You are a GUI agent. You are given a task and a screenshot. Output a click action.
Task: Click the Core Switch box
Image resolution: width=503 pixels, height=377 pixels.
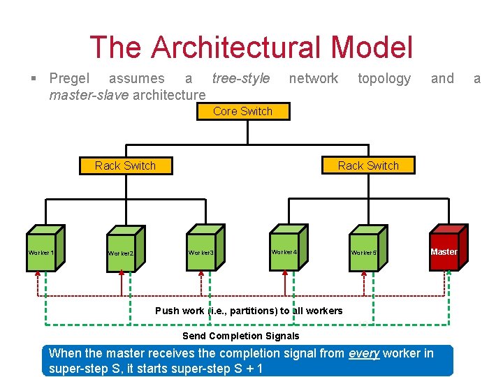point(242,111)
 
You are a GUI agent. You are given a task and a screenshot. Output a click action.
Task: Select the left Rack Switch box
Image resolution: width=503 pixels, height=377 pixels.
point(125,165)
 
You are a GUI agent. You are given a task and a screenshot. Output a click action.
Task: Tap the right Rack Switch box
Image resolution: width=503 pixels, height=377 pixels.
point(368,165)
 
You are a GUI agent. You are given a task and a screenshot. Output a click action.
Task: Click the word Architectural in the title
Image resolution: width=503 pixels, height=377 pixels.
point(238,47)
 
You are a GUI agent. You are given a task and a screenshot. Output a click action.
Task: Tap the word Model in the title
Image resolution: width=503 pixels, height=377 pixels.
point(372,47)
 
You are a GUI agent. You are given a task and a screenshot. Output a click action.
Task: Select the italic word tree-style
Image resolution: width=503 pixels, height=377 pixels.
point(240,79)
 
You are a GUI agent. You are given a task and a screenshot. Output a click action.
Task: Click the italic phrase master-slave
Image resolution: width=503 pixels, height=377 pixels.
point(88,94)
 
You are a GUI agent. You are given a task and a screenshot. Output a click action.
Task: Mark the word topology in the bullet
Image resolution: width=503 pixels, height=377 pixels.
point(384,79)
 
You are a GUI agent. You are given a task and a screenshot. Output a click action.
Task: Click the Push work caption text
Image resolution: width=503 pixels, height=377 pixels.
point(249,311)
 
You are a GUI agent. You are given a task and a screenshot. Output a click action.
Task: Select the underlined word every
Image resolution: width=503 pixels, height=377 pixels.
point(363,353)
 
